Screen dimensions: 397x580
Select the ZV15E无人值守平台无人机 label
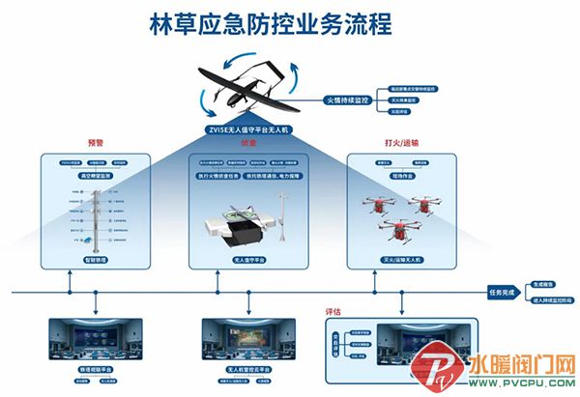point(248,128)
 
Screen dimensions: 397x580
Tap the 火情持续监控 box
point(345,99)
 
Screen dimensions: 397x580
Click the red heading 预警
point(95,142)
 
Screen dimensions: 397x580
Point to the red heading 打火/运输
point(394,142)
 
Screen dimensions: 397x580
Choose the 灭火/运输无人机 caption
point(394,260)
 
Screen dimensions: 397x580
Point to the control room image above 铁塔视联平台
point(96,339)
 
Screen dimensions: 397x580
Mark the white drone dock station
point(237,230)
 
